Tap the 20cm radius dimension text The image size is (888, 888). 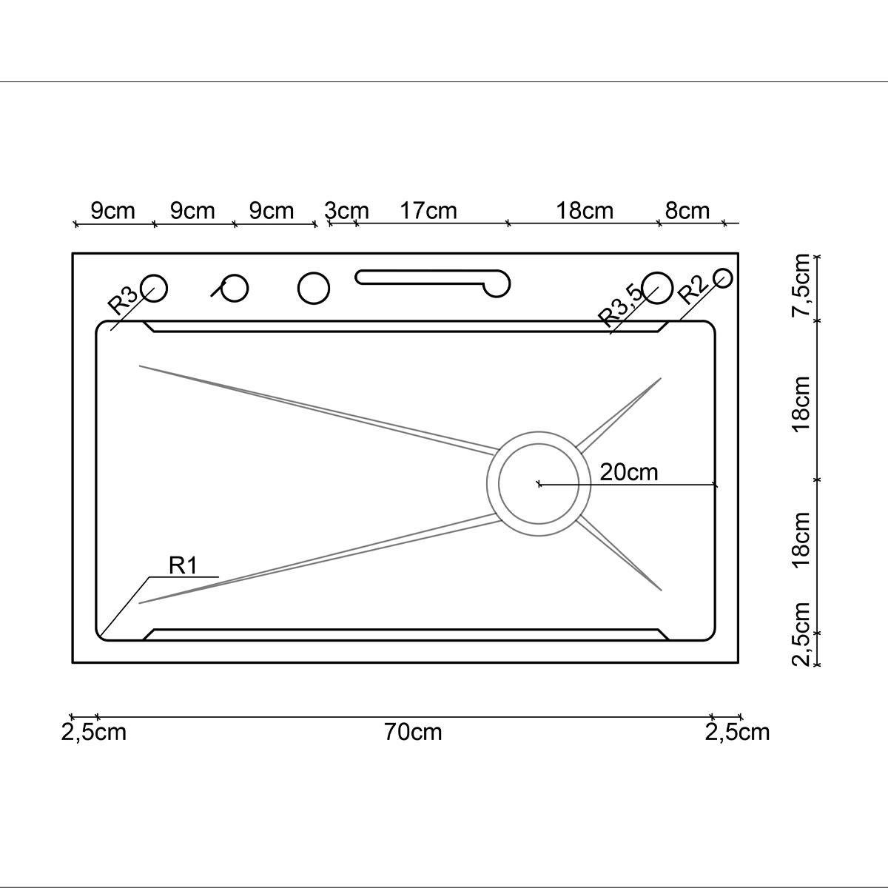click(x=628, y=471)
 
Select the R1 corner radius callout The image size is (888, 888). click(x=183, y=565)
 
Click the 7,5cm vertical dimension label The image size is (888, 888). click(x=801, y=286)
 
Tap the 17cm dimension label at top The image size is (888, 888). click(x=428, y=211)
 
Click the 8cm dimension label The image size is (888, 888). click(x=687, y=211)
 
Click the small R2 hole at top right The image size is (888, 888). click(x=723, y=277)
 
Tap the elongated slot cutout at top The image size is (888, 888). click(x=433, y=279)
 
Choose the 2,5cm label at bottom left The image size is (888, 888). click(x=93, y=733)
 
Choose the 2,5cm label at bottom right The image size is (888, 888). click(x=737, y=733)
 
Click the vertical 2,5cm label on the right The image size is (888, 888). click(x=801, y=634)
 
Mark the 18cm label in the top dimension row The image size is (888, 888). click(x=585, y=211)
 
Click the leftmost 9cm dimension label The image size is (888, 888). click(x=113, y=211)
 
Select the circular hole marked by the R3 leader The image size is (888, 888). click(x=155, y=287)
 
